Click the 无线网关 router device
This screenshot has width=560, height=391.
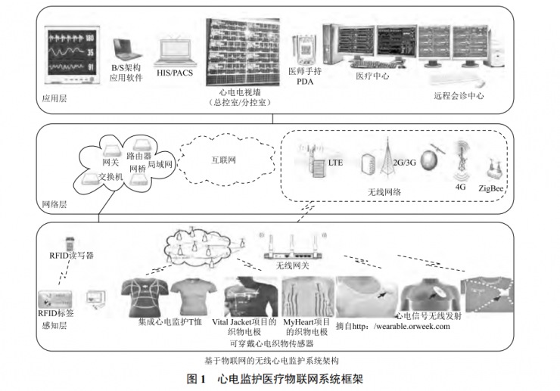[293, 251]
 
